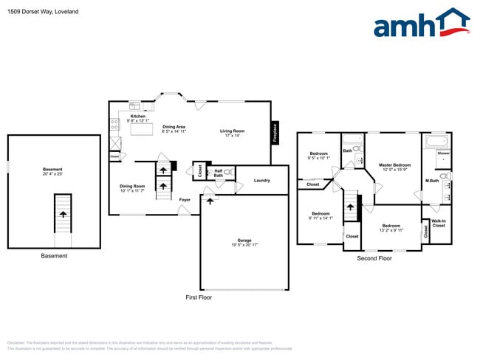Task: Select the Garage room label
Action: click(244, 240)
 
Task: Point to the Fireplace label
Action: click(275, 132)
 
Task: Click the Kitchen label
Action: click(138, 116)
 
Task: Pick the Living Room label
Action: click(232, 131)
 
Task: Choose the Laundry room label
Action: click(261, 180)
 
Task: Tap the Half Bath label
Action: click(219, 173)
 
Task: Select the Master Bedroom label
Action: click(395, 165)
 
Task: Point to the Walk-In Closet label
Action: click(439, 223)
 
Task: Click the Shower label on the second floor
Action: click(443, 153)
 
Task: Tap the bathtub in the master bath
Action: click(436, 140)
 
